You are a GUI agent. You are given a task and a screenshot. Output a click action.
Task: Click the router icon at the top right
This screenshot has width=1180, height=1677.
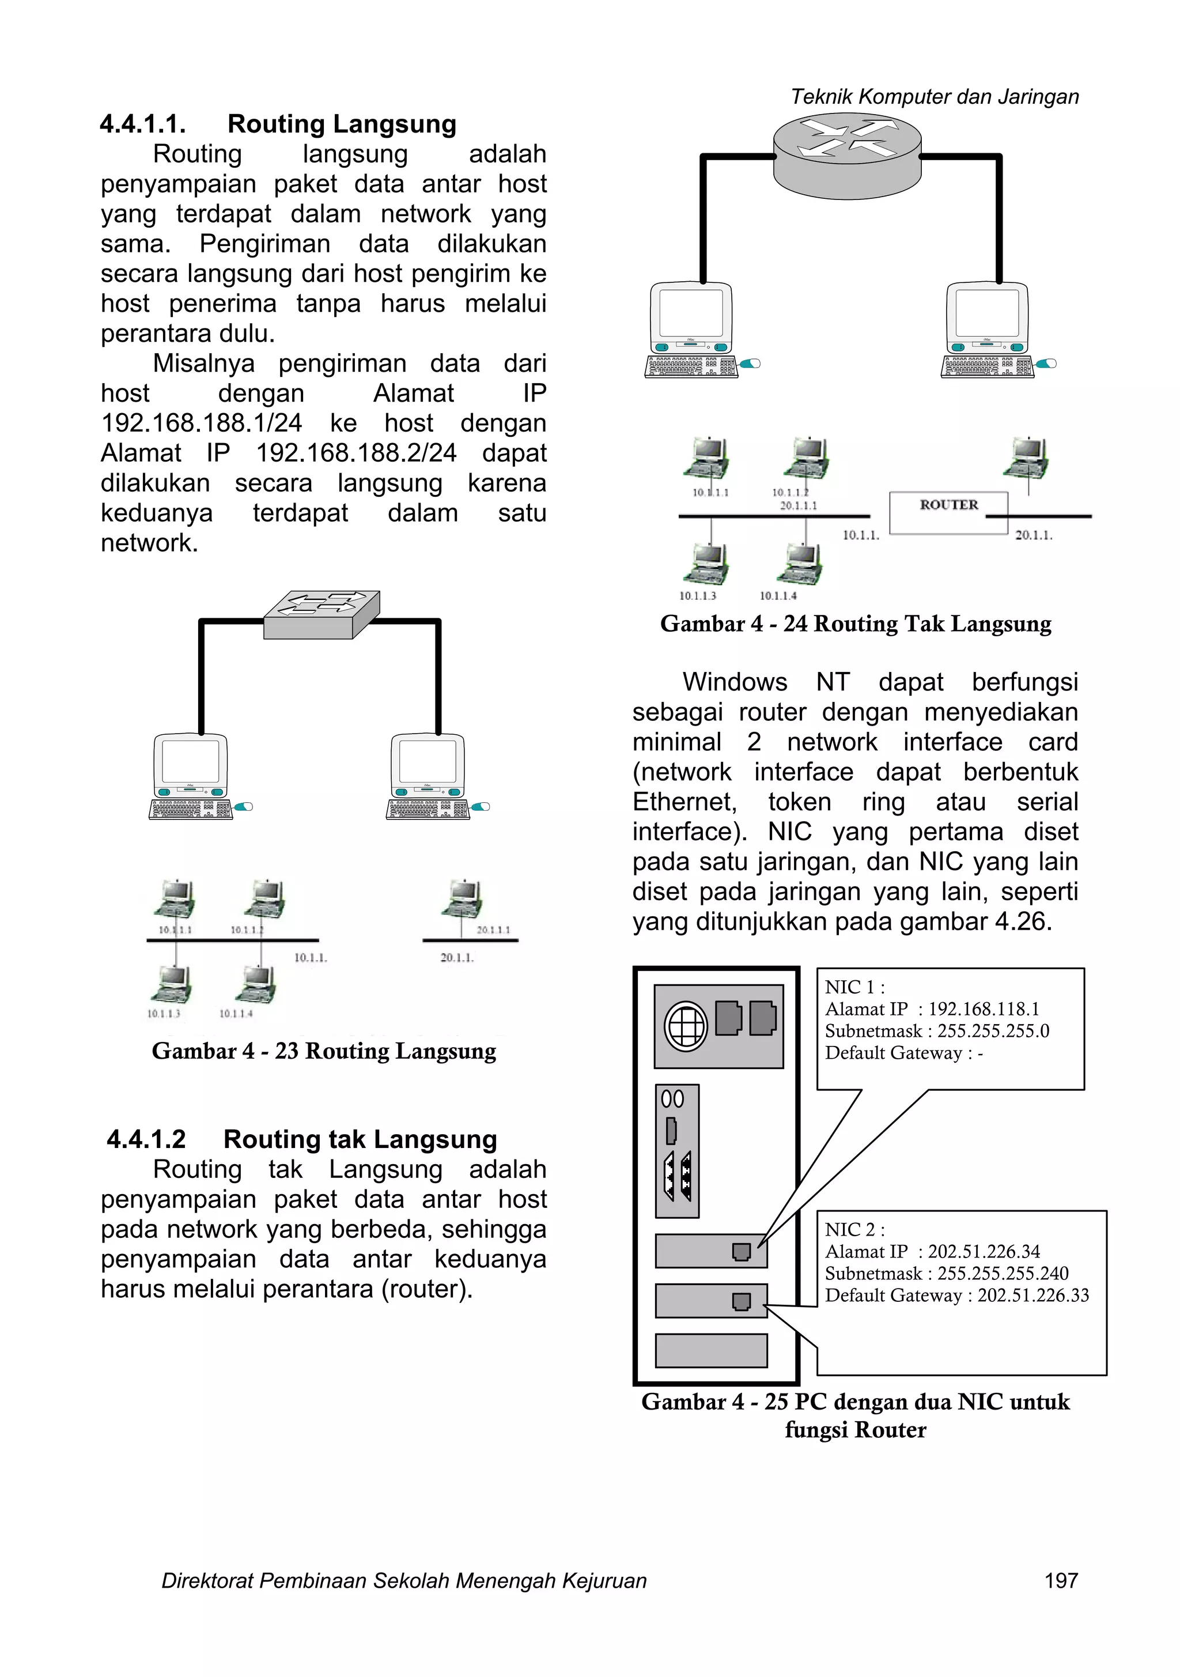pyautogui.click(x=847, y=156)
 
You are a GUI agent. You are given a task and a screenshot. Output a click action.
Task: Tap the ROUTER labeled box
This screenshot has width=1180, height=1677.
pyautogui.click(x=948, y=512)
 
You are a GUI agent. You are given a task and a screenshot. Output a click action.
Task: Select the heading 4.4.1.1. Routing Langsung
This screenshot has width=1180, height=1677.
pyautogui.click(x=278, y=124)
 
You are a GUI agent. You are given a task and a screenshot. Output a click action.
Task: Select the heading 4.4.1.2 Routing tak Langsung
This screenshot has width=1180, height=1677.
pyautogui.click(x=301, y=1139)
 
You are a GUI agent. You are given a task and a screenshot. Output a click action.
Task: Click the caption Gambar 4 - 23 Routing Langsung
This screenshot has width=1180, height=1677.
pyautogui.click(x=323, y=1051)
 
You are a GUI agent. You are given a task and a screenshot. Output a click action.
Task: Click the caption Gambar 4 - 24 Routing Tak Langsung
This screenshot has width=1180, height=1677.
pyautogui.click(x=855, y=624)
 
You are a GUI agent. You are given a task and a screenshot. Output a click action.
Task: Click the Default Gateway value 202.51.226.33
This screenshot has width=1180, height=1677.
pyautogui.click(x=1032, y=1295)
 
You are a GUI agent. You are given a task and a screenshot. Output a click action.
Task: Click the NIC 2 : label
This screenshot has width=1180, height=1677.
pyautogui.click(x=854, y=1229)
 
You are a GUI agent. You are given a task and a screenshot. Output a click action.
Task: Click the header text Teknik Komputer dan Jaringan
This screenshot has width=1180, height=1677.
pyautogui.click(x=934, y=96)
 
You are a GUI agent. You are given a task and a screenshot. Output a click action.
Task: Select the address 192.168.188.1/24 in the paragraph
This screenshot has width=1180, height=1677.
pyautogui.click(x=201, y=423)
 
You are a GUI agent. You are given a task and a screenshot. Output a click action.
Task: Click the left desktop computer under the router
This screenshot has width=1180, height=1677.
pyautogui.click(x=691, y=330)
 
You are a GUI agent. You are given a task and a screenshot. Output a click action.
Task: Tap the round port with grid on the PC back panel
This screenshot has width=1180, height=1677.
pyautogui.click(x=685, y=1026)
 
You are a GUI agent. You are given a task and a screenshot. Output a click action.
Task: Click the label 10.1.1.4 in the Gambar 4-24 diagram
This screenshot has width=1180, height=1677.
pyautogui.click(x=778, y=596)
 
